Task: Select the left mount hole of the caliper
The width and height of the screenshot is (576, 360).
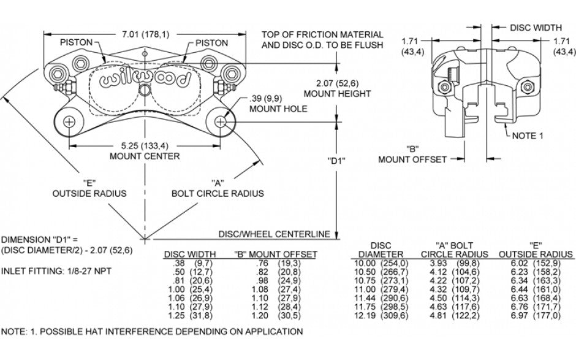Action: [69, 121]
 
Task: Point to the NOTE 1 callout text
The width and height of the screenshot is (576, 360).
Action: [528, 136]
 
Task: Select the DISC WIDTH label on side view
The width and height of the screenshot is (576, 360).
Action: [536, 28]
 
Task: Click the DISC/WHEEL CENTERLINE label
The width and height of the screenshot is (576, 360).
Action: [274, 234]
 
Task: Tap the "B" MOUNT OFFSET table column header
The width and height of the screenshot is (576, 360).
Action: [275, 254]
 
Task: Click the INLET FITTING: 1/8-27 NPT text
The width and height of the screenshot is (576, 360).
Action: [52, 270]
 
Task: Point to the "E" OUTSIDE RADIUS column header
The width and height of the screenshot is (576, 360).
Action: [536, 250]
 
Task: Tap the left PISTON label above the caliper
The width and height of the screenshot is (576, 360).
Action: [76, 42]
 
